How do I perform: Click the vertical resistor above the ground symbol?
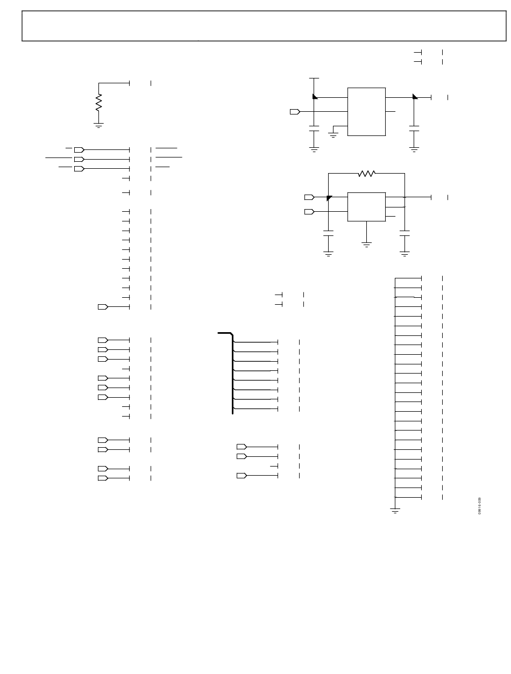[x=98, y=102]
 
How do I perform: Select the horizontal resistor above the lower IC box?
[x=366, y=174]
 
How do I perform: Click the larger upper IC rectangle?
[x=366, y=112]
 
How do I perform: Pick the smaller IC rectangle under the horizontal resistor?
[x=366, y=206]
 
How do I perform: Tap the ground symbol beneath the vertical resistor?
[x=98, y=125]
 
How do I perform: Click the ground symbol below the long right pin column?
[x=395, y=511]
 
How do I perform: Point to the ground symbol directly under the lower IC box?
[x=366, y=245]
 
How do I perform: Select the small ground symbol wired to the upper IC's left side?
[x=333, y=134]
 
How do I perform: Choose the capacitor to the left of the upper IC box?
[x=314, y=128]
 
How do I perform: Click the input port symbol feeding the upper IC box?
[x=295, y=112]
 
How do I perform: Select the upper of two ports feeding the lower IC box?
[x=309, y=197]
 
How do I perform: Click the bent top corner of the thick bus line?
[x=231, y=334]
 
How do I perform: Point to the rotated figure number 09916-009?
[x=479, y=506]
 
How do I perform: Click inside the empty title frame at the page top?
[x=264, y=26]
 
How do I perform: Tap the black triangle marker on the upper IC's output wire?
[x=415, y=97]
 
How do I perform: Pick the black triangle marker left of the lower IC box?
[x=329, y=198]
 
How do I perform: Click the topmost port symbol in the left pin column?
[x=79, y=150]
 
